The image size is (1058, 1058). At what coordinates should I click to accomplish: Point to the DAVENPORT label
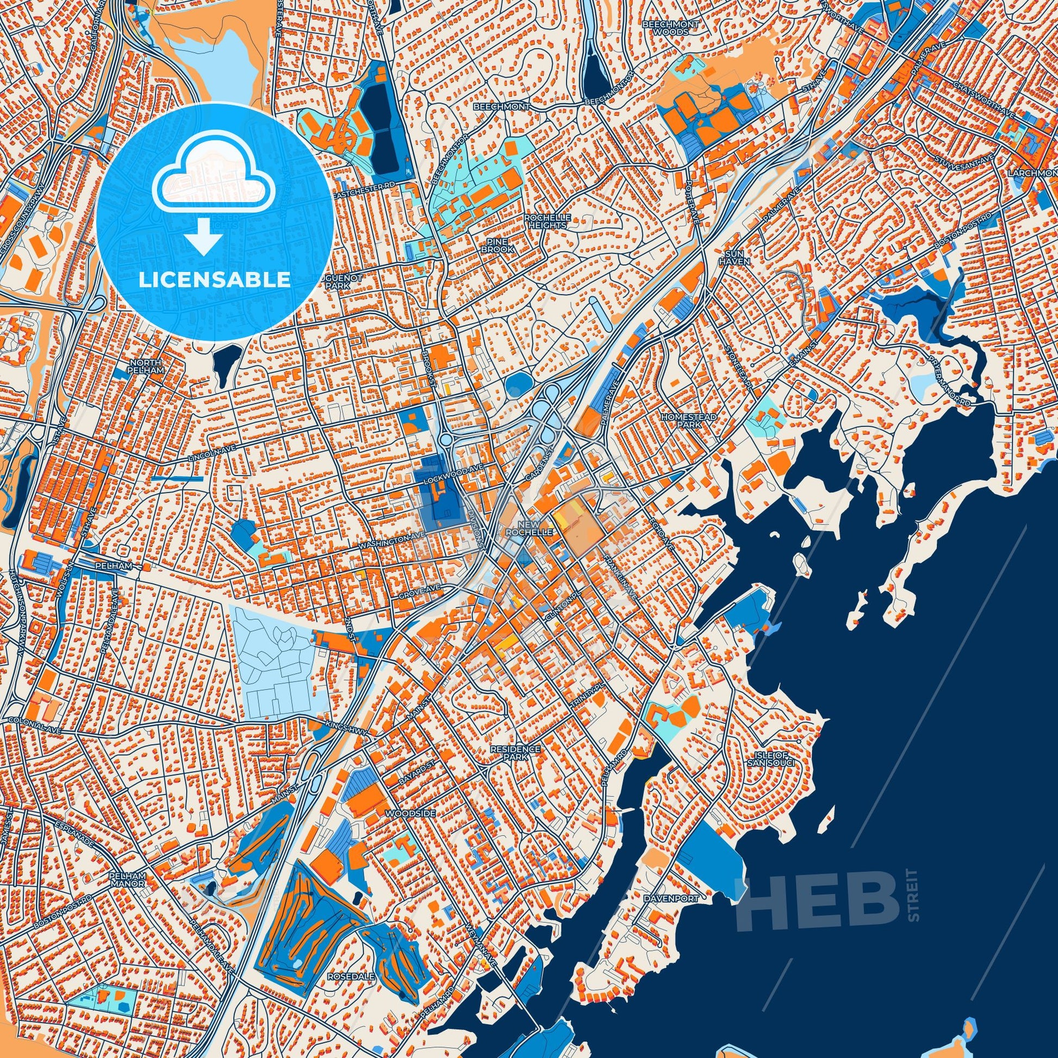(x=679, y=899)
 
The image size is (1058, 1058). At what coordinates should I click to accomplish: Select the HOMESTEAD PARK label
(x=682, y=421)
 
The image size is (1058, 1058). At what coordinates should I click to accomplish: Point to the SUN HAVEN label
(x=733, y=258)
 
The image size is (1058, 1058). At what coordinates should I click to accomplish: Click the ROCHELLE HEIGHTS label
(x=547, y=221)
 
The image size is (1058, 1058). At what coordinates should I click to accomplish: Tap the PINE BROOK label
(x=497, y=245)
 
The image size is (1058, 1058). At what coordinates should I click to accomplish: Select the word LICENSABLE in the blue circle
(x=214, y=279)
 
